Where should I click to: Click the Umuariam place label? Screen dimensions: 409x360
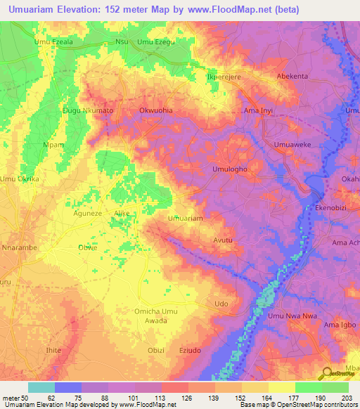pos(186,219)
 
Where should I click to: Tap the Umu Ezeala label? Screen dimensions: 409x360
pos(53,42)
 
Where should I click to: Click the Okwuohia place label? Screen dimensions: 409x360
pos(156,111)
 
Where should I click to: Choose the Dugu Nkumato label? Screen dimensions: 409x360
pos(88,111)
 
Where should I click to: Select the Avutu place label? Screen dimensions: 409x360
pos(223,240)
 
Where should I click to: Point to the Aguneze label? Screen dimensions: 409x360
pos(88,213)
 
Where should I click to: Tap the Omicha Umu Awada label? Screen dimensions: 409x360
pos(156,315)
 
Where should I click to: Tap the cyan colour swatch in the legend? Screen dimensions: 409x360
pos(41,387)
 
